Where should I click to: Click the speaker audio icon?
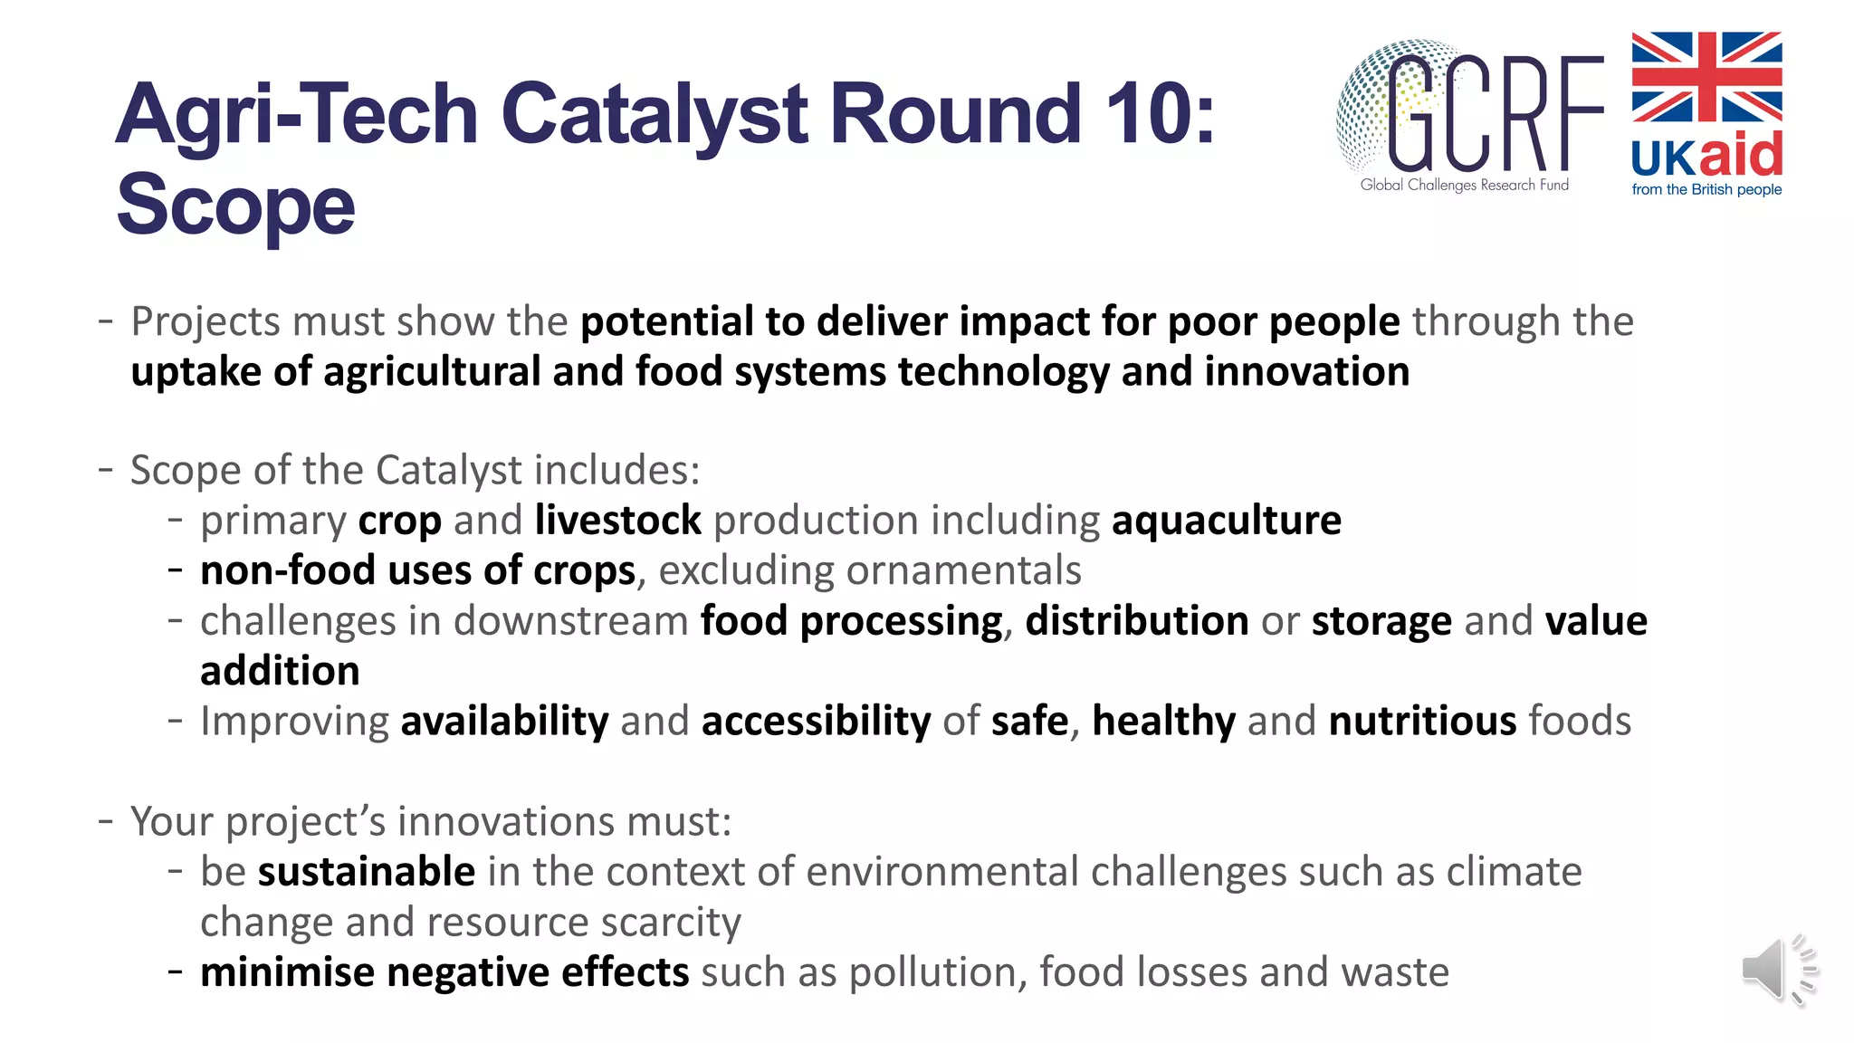(1777, 971)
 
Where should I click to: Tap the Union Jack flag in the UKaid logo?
(1706, 77)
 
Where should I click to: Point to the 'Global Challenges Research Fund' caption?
(1464, 185)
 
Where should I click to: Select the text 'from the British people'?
(1706, 190)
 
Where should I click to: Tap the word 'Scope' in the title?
(235, 206)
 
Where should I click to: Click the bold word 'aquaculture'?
(1226, 521)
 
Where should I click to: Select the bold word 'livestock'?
(617, 521)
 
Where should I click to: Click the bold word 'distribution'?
(1136, 621)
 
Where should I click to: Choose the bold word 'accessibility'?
(816, 722)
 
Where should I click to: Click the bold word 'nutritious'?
(1422, 722)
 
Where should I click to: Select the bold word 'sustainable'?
(367, 872)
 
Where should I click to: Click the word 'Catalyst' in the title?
(655, 114)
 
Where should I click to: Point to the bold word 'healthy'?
(1163, 722)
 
